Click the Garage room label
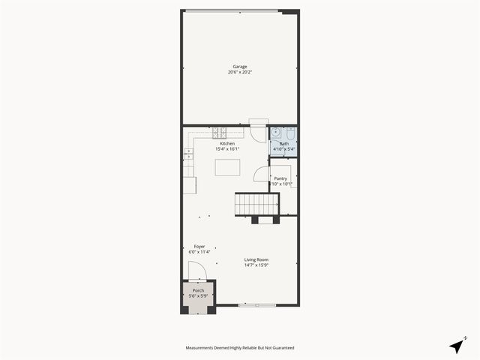(x=240, y=66)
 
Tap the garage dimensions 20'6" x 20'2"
(x=240, y=72)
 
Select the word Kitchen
(x=227, y=143)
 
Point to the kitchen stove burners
(x=219, y=133)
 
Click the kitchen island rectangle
(x=227, y=167)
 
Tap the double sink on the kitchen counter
(x=188, y=155)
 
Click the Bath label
(x=284, y=143)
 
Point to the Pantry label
(x=280, y=178)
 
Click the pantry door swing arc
(x=261, y=174)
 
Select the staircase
(x=256, y=204)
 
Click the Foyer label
(x=199, y=246)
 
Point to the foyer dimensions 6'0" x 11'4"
(x=199, y=252)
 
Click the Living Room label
(x=256, y=259)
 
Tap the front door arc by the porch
(x=196, y=271)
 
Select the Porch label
(x=198, y=290)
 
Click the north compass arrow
(x=457, y=345)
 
